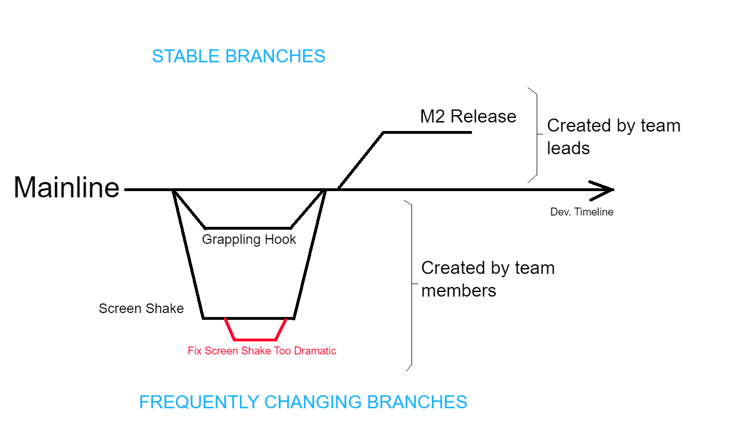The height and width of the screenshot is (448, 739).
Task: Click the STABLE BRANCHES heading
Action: [239, 56]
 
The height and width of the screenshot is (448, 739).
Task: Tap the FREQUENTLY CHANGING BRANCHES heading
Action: [303, 402]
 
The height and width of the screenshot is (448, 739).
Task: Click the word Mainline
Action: [66, 187]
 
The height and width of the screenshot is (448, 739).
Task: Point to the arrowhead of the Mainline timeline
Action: [607, 190]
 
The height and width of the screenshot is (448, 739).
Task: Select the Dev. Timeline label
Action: [581, 212]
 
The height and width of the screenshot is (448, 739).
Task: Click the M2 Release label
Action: [468, 116]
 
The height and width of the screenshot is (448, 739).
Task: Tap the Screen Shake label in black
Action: [141, 308]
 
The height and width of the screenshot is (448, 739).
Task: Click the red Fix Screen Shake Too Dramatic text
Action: [262, 350]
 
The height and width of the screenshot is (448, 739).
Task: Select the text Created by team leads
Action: [613, 136]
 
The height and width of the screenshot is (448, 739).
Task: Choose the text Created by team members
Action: [487, 279]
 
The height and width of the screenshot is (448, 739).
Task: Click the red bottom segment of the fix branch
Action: [255, 340]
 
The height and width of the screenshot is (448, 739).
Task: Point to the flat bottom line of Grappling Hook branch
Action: [248, 228]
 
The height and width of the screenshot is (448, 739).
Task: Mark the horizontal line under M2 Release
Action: [427, 132]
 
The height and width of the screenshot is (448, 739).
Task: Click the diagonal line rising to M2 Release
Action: [360, 161]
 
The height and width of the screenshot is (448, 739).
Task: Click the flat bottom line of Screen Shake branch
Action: [248, 318]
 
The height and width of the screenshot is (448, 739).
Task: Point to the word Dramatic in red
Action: [315, 350]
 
